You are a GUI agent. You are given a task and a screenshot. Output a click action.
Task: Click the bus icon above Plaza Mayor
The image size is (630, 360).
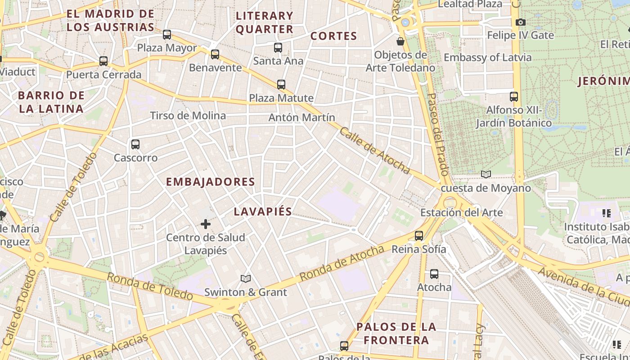tap(167, 34)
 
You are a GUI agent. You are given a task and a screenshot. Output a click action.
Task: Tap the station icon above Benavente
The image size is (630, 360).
tap(215, 54)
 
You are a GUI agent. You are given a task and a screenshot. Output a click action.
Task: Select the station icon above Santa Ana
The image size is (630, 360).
tap(278, 47)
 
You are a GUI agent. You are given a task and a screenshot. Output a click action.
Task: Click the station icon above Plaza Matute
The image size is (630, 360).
tap(281, 84)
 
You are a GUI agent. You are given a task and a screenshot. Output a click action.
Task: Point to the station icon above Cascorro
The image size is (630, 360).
tap(135, 144)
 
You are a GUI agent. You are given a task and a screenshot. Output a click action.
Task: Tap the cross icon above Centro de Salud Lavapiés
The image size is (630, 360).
tap(206, 224)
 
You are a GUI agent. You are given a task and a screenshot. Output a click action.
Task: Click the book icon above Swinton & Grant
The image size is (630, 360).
tap(245, 279)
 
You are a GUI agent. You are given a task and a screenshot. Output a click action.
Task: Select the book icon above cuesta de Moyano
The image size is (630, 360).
tap(486, 174)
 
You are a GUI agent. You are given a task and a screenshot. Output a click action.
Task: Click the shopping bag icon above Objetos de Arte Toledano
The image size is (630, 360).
tap(400, 41)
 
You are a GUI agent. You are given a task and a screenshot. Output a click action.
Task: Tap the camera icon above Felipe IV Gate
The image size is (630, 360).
tap(520, 22)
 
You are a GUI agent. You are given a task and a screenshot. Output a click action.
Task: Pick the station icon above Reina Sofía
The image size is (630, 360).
tap(419, 235)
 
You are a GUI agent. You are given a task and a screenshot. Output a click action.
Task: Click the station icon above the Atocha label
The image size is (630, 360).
tap(434, 274)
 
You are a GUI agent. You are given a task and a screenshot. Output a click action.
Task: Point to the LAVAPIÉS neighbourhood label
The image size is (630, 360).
tap(263, 211)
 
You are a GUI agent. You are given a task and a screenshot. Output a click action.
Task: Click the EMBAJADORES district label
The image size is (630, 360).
tap(211, 182)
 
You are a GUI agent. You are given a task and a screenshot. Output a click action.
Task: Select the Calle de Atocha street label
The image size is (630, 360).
tap(374, 150)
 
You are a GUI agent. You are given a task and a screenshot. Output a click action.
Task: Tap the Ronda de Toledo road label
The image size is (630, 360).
tap(150, 286)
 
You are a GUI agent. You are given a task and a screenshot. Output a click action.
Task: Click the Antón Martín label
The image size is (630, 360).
tap(301, 117)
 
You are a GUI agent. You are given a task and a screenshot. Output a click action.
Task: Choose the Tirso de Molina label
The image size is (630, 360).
tap(188, 116)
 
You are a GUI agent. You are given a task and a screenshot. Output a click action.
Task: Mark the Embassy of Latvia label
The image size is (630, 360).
tap(487, 58)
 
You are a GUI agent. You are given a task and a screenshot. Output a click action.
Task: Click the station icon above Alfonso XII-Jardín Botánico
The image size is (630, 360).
tap(514, 96)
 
